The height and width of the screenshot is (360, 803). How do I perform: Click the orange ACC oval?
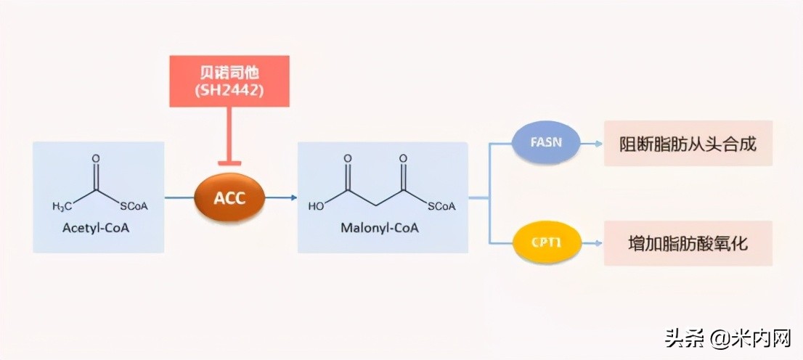tap(229, 197)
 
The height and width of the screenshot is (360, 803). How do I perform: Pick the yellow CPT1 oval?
tap(548, 244)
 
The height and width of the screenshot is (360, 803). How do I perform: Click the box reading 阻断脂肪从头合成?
tap(688, 144)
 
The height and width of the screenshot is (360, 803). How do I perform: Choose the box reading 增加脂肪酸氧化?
tap(688, 244)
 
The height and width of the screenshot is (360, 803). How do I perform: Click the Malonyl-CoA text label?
tap(380, 228)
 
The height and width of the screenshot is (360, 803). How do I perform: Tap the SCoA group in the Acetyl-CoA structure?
tap(134, 207)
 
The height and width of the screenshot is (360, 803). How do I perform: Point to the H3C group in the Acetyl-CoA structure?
tap(62, 207)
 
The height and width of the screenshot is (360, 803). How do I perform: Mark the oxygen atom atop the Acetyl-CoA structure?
tap(96, 157)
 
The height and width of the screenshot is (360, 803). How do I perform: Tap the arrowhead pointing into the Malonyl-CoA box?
tap(293, 197)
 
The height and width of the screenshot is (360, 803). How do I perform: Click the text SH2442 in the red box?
tap(229, 91)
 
